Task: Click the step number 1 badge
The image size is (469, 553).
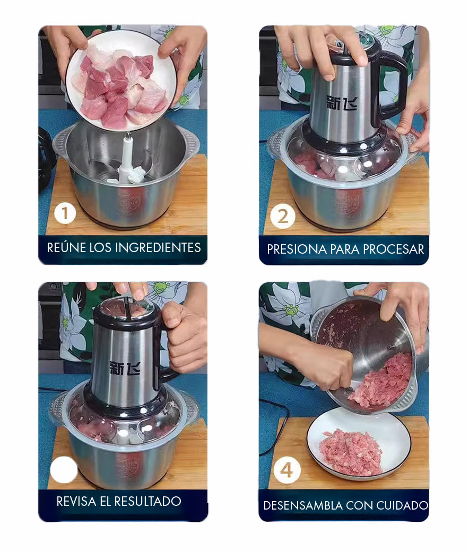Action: [65, 213]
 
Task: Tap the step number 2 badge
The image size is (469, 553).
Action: [283, 217]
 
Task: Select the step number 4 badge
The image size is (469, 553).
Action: [287, 470]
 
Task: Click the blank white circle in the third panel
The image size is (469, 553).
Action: [64, 470]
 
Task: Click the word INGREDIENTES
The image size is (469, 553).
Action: [158, 247]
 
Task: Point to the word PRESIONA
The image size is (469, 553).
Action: [297, 249]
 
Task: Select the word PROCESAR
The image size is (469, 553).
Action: [394, 249]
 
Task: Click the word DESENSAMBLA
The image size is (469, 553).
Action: [303, 505]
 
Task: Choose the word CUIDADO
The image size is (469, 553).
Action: [402, 505]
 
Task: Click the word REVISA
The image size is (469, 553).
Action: [76, 501]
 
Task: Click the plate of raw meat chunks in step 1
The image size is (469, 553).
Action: [121, 81]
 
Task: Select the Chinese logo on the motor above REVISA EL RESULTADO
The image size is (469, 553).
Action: [125, 368]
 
